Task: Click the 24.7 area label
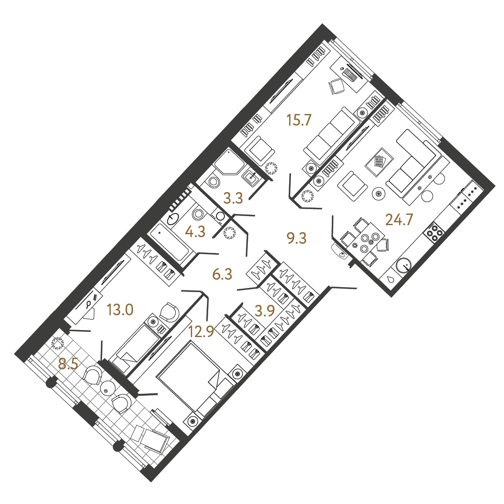tap(399, 220)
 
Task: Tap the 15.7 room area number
tap(299, 121)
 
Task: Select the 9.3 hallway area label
tap(296, 238)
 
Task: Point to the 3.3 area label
tap(233, 198)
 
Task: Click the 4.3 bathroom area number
tap(195, 232)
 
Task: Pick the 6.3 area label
tap(222, 275)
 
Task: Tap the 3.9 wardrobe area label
tap(265, 311)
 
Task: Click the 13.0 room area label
tap(120, 310)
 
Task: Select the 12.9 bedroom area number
tap(201, 332)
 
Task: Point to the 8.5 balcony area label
tap(68, 364)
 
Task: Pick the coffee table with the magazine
tap(379, 162)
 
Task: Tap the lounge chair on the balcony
tap(150, 437)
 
